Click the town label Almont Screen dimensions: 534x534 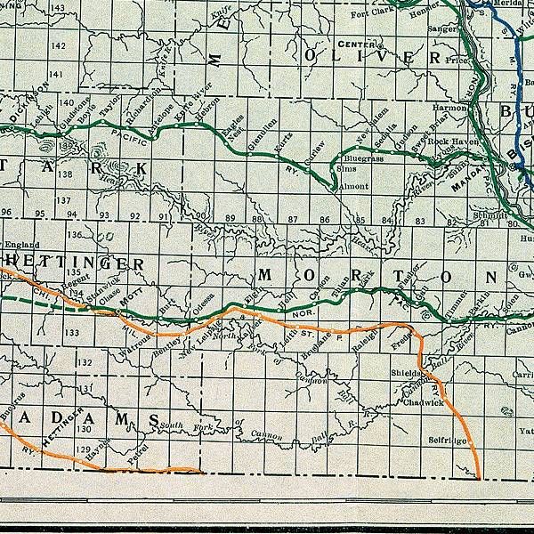point(355,188)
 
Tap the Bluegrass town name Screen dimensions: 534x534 point(363,158)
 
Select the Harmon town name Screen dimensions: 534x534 point(449,107)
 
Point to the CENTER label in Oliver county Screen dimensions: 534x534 point(353,44)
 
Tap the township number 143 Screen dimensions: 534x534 point(58,8)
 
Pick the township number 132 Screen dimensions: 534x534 point(85,362)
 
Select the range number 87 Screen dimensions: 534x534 point(293,218)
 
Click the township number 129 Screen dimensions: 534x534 point(83,450)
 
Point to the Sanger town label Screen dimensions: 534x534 point(442,28)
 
